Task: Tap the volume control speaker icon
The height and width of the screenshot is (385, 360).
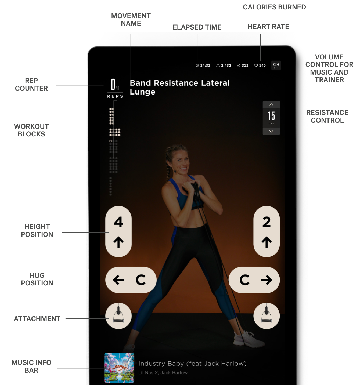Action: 276,65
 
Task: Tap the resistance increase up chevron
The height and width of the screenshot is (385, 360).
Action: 271,104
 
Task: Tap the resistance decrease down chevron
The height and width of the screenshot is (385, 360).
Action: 271,131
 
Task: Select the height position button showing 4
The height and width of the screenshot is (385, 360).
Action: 118,231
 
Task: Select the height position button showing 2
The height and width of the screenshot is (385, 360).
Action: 267,231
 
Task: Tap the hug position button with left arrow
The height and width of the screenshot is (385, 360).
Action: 131,280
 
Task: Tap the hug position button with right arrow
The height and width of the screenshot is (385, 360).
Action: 254,280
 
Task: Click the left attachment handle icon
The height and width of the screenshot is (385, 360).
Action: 118,316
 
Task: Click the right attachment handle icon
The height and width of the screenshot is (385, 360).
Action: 267,316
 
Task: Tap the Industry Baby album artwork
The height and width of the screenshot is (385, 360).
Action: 119,368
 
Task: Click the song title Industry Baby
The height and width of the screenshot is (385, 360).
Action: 161,364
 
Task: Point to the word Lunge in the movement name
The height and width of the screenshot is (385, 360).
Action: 142,92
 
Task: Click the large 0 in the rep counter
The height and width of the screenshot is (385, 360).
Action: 113,85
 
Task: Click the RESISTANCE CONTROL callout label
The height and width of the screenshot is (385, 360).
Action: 327,116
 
